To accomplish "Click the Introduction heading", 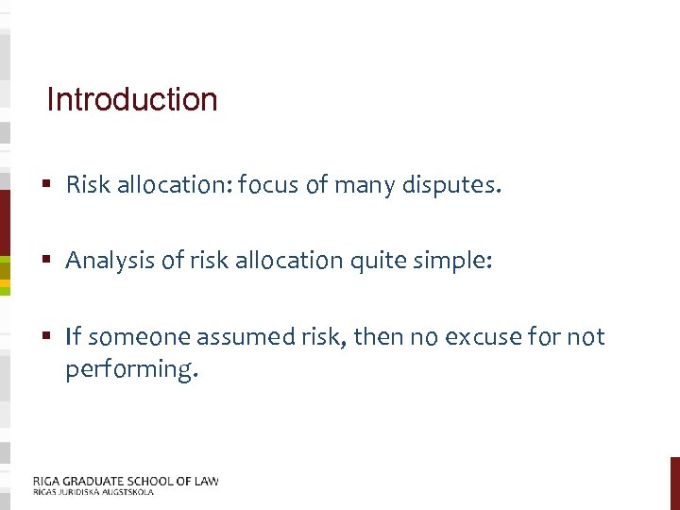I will click(x=131, y=99).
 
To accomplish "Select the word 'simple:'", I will click(x=454, y=261).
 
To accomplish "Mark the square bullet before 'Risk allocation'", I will click(x=47, y=185).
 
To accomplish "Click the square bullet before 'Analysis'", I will click(x=47, y=261).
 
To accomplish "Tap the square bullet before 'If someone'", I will click(x=47, y=337).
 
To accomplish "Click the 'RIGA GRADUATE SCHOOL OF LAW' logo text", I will click(x=126, y=481).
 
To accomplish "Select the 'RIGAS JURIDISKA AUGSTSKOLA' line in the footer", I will click(x=93, y=492).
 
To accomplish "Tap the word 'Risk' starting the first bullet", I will click(x=88, y=185).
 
